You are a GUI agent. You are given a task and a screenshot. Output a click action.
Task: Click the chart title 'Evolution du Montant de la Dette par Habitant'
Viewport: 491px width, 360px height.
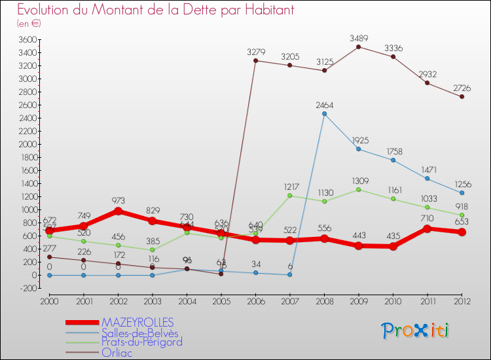pos(155,10)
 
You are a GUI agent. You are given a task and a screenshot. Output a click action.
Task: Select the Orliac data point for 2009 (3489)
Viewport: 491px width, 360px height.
pos(358,46)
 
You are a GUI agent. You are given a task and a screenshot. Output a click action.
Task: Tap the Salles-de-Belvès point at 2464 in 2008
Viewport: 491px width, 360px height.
pos(324,114)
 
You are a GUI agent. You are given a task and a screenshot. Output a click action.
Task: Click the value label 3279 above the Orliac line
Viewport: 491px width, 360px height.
pos(255,52)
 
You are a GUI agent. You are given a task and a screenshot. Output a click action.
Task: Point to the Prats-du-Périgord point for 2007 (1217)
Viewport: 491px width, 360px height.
pos(289,196)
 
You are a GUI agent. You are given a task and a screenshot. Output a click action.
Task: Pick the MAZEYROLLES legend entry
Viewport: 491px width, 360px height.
pos(137,323)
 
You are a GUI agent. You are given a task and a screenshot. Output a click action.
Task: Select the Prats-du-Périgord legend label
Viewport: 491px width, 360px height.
pos(142,342)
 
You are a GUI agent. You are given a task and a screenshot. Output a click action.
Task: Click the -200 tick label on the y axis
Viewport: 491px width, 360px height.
pos(27,288)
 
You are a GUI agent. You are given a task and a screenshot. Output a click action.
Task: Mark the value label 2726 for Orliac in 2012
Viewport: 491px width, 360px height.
pos(462,88)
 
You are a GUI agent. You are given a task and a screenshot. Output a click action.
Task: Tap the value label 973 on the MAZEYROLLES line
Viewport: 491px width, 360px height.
pos(118,201)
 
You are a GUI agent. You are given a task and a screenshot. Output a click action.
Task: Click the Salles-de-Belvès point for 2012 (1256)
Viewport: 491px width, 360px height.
pos(462,192)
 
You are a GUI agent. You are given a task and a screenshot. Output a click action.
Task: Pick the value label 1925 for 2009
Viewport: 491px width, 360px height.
pos(358,141)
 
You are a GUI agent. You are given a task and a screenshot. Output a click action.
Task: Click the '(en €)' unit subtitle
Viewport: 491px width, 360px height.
pos(29,24)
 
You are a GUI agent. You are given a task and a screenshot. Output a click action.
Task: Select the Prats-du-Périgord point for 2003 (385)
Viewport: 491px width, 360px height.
pos(152,250)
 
